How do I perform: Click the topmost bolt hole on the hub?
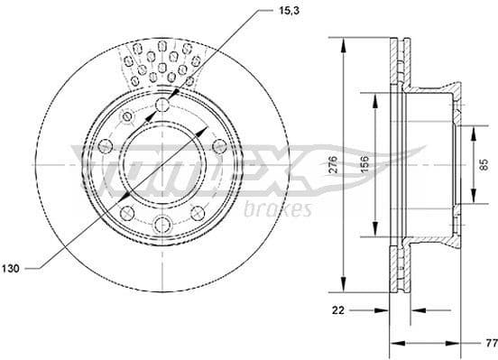coord(161,106)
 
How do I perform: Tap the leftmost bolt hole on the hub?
coord(102,148)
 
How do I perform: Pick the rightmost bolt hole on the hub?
coord(219,148)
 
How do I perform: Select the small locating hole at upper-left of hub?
coord(125,116)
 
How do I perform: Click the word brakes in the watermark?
coord(278,209)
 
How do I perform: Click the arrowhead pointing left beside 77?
coord(394,343)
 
